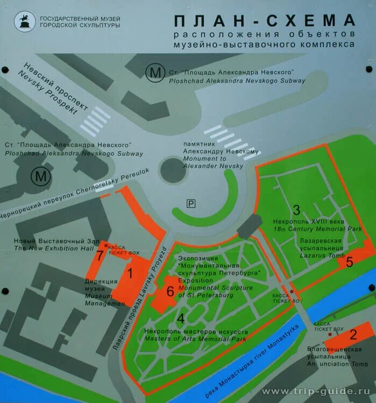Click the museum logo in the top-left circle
pos(24,22)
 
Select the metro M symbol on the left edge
pos(39,175)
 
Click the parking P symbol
pos(191,203)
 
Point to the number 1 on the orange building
pos(129,272)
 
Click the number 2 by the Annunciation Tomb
pos(353,334)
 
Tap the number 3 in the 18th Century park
pos(296,210)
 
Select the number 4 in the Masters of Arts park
pos(181,318)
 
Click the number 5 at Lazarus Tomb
pos(349,262)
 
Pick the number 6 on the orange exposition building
pos(170,291)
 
